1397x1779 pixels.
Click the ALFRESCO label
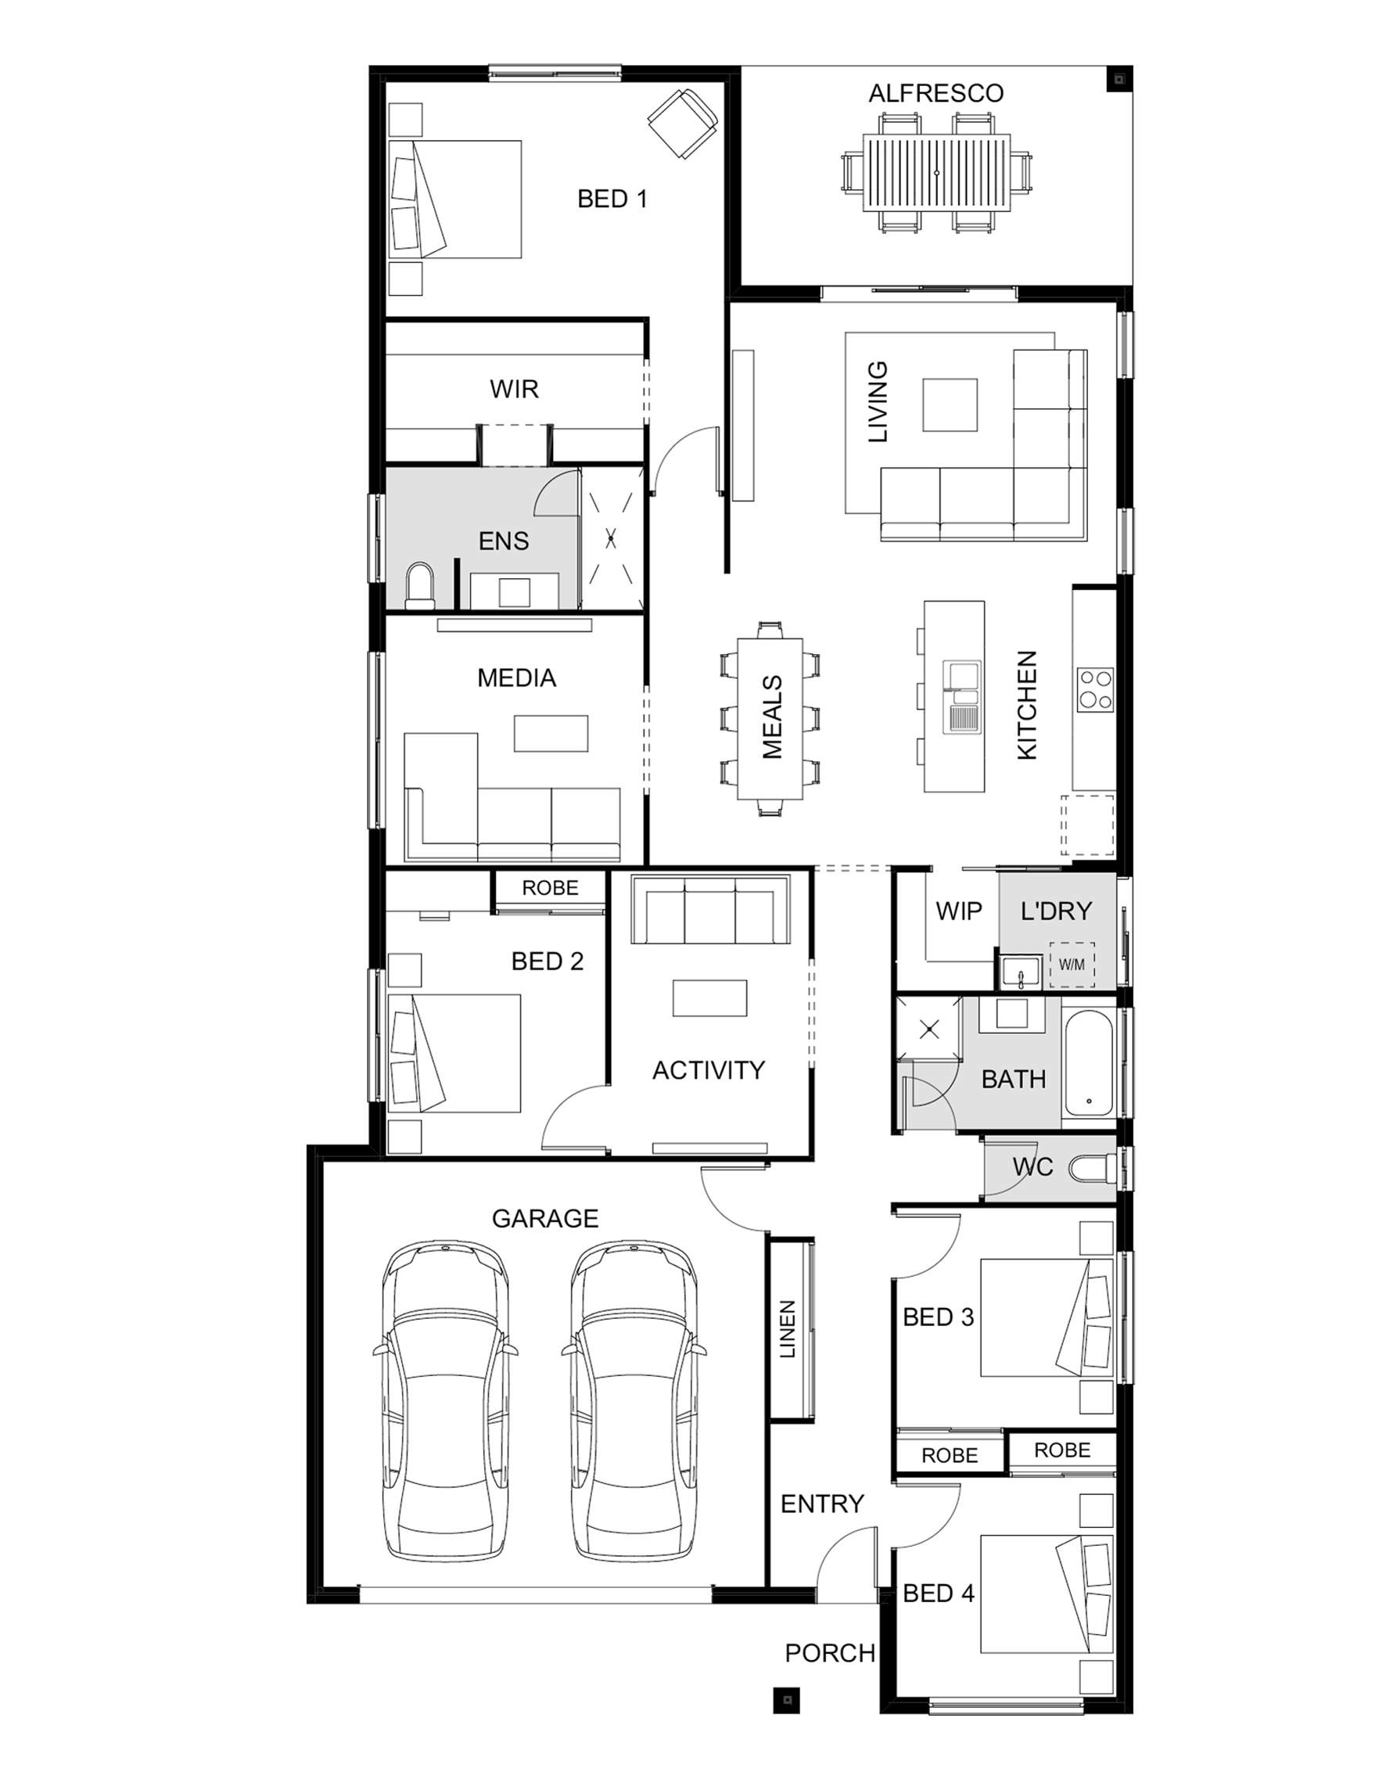click(936, 93)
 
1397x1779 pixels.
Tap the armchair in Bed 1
click(683, 124)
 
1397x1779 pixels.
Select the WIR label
click(514, 389)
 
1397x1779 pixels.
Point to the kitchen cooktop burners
click(1095, 688)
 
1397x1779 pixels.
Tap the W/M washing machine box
click(1072, 965)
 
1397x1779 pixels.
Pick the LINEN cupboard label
click(787, 1329)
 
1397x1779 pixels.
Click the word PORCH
click(829, 1653)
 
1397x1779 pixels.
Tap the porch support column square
click(787, 1700)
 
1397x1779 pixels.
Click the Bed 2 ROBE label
click(550, 887)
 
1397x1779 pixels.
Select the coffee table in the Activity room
click(709, 998)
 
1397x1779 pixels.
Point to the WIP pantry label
click(959, 911)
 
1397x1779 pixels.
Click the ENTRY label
click(822, 1504)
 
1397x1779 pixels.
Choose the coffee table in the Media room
click(551, 733)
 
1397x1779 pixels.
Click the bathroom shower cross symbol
click(929, 1030)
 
